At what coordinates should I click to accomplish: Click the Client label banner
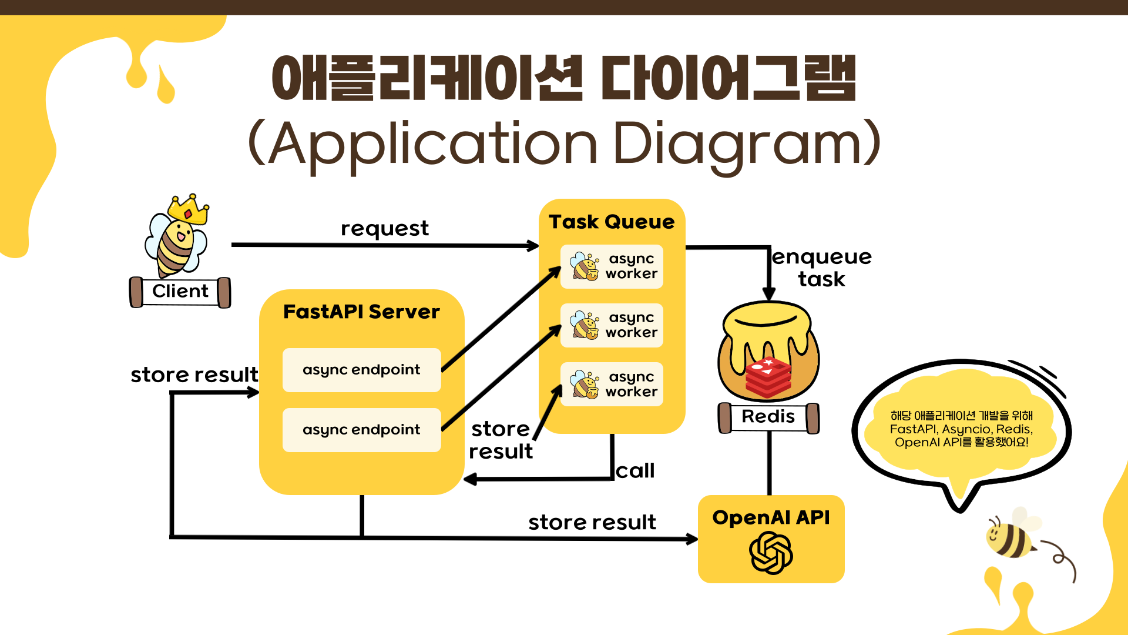pos(180,292)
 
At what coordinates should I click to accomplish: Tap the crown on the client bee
pos(189,209)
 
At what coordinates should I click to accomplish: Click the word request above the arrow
pos(385,229)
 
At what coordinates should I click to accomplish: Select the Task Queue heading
pos(612,222)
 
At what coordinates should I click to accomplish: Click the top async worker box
pos(612,266)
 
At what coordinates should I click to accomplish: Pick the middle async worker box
pos(612,325)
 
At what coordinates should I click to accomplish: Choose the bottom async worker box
pos(612,385)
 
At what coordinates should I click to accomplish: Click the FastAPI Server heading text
pos(361,312)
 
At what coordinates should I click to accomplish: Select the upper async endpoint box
pos(361,370)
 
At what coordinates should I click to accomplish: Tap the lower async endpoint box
pos(361,430)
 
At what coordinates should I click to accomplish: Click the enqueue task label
pos(821,268)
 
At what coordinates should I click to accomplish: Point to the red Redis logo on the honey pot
pos(768,376)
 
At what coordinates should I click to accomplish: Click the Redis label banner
pos(768,417)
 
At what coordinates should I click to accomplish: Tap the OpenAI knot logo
pos(771,553)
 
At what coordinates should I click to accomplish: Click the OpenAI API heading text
pos(771,517)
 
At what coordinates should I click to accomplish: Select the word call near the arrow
pos(635,471)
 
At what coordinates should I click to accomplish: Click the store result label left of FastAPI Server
pos(194,375)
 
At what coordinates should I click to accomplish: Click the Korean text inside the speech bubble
pos(961,429)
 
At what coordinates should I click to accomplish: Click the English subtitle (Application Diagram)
pos(564,144)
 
